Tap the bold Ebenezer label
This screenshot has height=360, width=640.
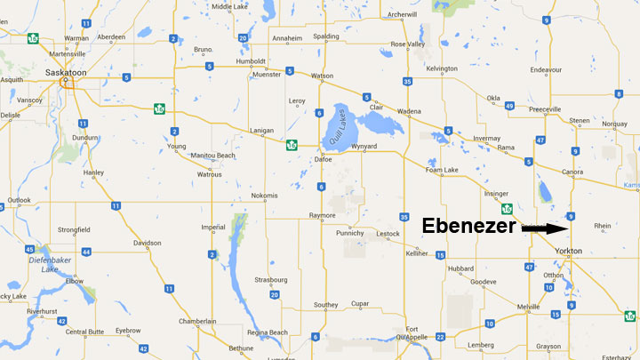pyautogui.click(x=468, y=227)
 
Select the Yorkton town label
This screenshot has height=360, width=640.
pyautogui.click(x=567, y=252)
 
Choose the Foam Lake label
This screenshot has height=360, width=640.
pyautogui.click(x=442, y=170)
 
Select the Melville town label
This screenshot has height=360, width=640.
pyautogui.click(x=529, y=307)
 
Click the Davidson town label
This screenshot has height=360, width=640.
pyautogui.click(x=148, y=243)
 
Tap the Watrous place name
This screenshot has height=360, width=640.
pyautogui.click(x=209, y=174)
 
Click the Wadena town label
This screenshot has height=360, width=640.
pyautogui.click(x=409, y=111)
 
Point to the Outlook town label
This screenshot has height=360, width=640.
pyautogui.click(x=19, y=199)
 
